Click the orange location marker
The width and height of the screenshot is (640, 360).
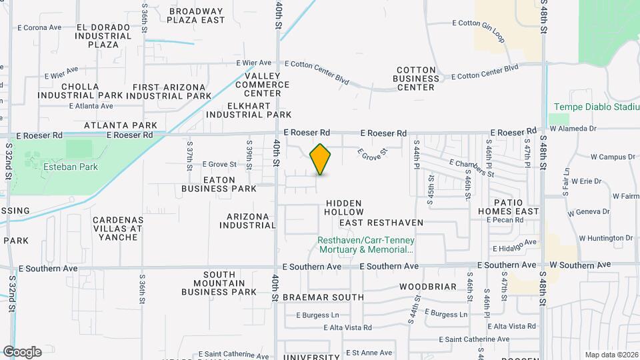(x=321, y=159)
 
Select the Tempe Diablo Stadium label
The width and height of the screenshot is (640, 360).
(x=596, y=107)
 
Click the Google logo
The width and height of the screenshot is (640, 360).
(x=22, y=352)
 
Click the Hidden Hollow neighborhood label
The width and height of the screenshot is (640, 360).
(x=343, y=207)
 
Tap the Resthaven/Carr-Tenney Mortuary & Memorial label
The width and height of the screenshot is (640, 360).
(x=367, y=245)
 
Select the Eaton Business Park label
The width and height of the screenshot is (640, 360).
(x=219, y=184)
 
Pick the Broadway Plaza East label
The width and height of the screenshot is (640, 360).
(x=195, y=15)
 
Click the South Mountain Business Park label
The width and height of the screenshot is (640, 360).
(x=219, y=283)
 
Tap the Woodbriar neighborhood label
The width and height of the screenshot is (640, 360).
(x=428, y=287)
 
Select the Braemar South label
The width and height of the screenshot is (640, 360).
(x=323, y=297)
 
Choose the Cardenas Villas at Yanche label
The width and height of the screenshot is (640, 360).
(x=117, y=228)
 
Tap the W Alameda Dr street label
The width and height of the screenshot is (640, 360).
(x=573, y=128)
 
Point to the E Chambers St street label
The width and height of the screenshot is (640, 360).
(x=471, y=168)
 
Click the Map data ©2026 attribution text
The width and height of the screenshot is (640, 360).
(x=611, y=354)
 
